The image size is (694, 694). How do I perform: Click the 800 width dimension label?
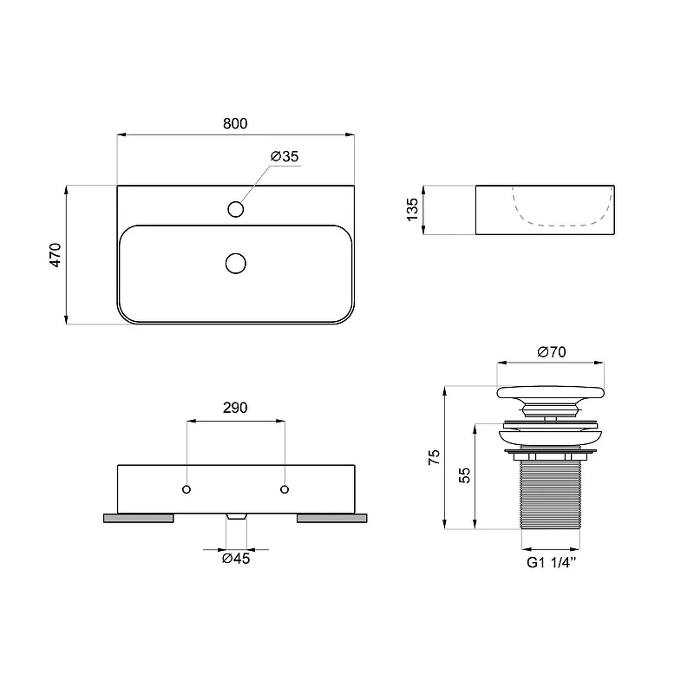pyautogui.click(x=235, y=123)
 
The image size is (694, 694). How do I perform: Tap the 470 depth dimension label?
pyautogui.click(x=56, y=255)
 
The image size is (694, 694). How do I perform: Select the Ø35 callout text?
pyautogui.click(x=285, y=156)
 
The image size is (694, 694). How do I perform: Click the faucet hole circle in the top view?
pyautogui.click(x=235, y=209)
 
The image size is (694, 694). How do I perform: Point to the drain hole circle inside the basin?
pyautogui.click(x=235, y=264)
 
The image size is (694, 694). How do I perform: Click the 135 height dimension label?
pyautogui.click(x=412, y=210)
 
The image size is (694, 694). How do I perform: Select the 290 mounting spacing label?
pyautogui.click(x=235, y=408)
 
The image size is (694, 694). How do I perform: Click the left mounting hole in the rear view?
pyautogui.click(x=187, y=489)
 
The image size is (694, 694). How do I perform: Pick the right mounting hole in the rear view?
pyautogui.click(x=285, y=489)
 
